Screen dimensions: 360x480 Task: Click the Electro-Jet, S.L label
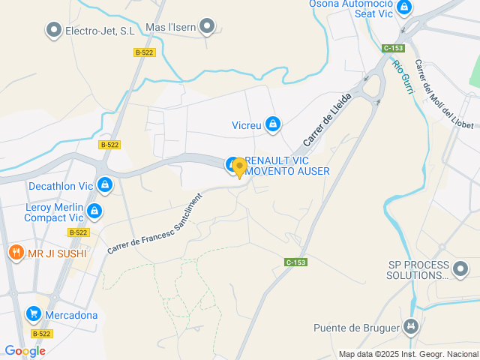click(x=100, y=31)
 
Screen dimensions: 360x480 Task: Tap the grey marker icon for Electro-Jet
click(x=54, y=30)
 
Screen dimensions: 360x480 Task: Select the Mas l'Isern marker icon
click(x=208, y=28)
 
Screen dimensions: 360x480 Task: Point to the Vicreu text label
click(x=247, y=125)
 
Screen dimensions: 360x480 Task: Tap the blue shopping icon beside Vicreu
click(x=273, y=124)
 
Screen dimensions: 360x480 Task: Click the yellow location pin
click(x=239, y=167)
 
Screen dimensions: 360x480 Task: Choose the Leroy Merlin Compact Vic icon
click(x=94, y=211)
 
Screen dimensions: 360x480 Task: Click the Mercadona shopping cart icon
click(x=33, y=314)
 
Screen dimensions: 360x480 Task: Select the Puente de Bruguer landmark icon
click(x=410, y=327)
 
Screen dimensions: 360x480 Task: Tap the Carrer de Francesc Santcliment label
click(x=155, y=224)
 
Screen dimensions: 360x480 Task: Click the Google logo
click(x=25, y=351)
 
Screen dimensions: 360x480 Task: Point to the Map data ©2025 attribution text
click(x=408, y=354)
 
